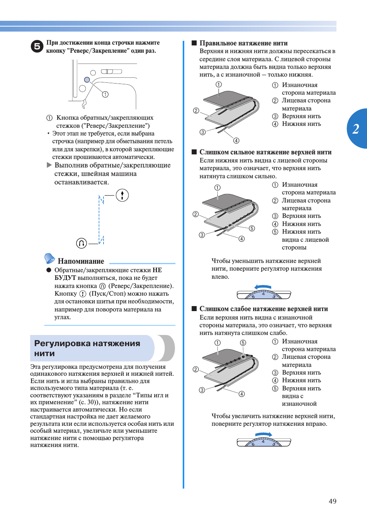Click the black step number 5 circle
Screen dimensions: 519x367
(37, 47)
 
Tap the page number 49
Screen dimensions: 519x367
(332, 501)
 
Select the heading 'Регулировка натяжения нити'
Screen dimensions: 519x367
(87, 348)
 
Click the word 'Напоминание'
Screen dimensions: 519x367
(81, 261)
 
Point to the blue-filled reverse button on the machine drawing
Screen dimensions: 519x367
(87, 80)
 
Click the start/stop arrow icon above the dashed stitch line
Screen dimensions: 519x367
(122, 195)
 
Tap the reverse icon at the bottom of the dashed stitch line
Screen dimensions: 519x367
(81, 243)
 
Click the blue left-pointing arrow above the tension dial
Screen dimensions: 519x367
(263, 287)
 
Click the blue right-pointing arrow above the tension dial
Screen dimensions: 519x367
(264, 434)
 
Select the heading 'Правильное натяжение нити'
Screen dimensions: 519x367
(243, 43)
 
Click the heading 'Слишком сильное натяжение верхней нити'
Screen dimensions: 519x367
(265, 152)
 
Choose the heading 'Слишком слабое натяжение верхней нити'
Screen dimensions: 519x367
(264, 309)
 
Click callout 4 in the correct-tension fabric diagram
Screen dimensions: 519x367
(236, 141)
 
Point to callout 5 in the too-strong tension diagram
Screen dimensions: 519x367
(252, 228)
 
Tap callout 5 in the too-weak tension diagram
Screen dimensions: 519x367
(243, 343)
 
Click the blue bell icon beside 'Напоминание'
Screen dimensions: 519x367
(50, 258)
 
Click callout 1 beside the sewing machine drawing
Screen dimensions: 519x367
(105, 94)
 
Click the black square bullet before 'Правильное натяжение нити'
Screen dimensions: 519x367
(194, 43)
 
